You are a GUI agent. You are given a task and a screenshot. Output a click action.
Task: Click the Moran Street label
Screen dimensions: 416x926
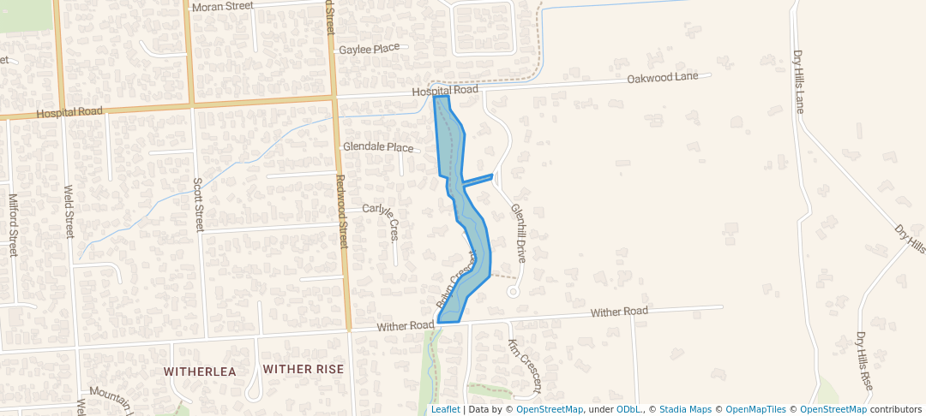click(223, 6)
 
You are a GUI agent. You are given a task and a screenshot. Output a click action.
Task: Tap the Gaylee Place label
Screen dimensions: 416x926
click(369, 49)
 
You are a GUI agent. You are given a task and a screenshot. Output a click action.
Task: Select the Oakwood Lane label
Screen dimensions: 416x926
click(669, 77)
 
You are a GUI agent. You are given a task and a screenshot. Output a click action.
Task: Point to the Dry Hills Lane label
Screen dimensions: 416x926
click(799, 81)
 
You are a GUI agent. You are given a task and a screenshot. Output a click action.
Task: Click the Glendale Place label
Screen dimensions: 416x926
click(378, 147)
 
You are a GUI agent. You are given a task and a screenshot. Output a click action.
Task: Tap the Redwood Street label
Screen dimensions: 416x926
click(340, 212)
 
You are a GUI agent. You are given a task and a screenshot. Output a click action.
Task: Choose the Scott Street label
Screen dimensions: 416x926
click(198, 205)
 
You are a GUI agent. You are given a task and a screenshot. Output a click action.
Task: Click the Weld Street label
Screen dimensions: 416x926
click(69, 211)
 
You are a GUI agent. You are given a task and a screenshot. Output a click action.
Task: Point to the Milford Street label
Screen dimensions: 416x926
click(13, 225)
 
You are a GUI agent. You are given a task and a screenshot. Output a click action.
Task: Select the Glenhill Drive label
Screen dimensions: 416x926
click(517, 233)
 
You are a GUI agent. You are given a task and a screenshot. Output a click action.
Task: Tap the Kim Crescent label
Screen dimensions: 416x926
click(525, 365)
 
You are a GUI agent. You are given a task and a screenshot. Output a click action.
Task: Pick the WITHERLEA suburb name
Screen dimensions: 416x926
click(200, 371)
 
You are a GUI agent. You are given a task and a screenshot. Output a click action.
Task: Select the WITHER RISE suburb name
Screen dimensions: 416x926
click(304, 369)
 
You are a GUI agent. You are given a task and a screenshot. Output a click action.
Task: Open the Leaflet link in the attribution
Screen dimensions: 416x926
click(445, 409)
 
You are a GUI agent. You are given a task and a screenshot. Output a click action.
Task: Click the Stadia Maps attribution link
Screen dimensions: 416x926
click(685, 409)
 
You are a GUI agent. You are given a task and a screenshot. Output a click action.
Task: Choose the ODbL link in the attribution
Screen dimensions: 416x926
click(629, 409)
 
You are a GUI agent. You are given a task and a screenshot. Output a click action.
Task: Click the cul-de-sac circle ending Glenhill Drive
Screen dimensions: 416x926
click(514, 292)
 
